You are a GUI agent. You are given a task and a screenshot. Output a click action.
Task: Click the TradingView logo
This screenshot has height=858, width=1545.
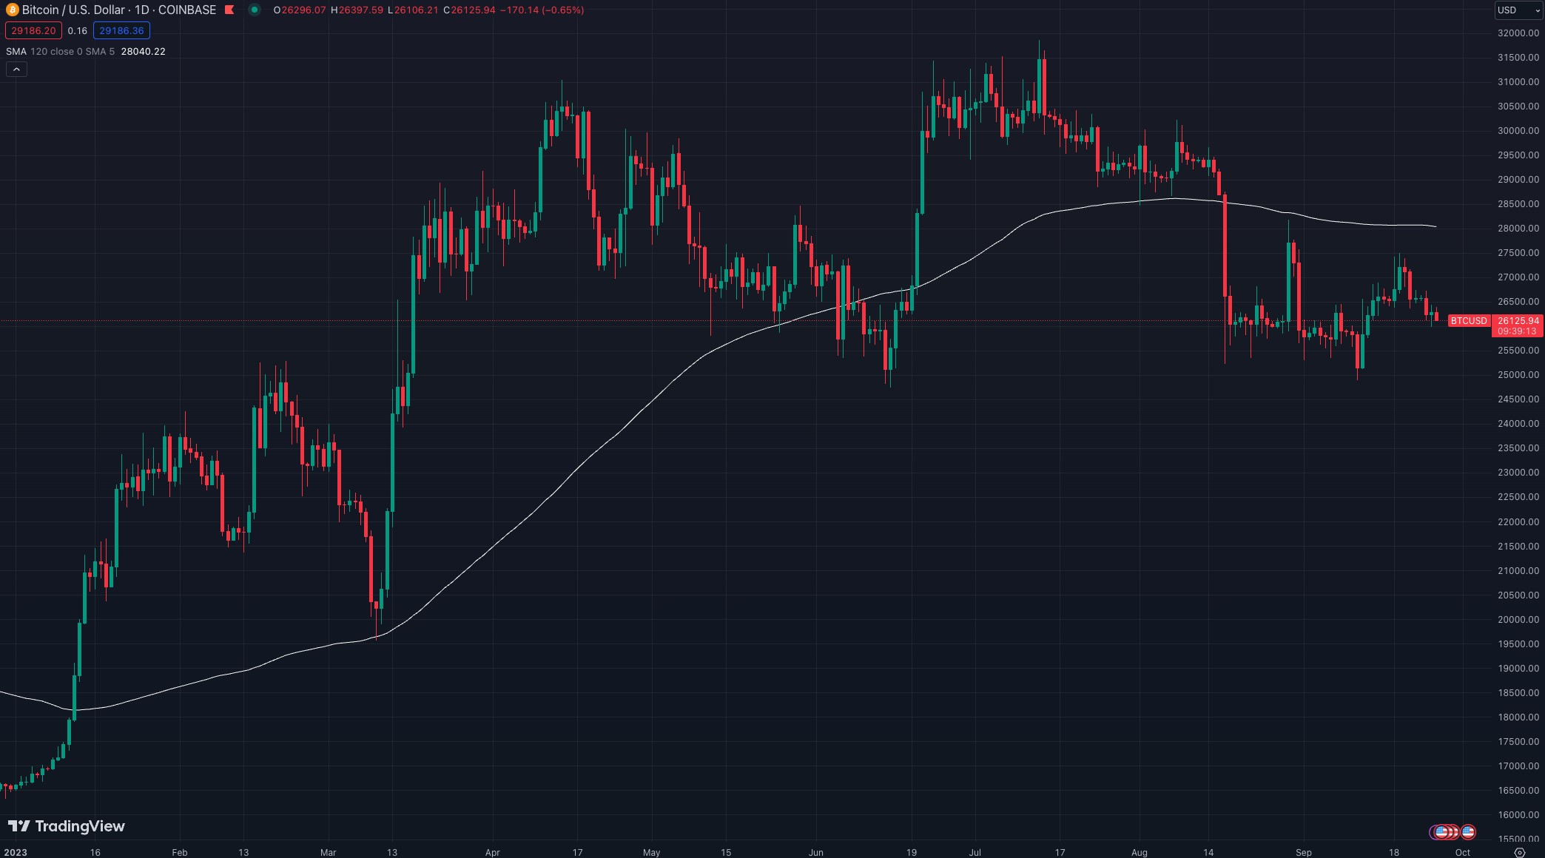pos(67,826)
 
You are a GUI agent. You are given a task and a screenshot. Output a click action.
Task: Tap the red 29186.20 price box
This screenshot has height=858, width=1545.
pos(33,30)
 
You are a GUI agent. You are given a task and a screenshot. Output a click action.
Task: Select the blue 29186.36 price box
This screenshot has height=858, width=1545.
pos(121,30)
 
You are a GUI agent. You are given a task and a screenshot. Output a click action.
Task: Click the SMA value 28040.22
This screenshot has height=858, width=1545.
pos(143,51)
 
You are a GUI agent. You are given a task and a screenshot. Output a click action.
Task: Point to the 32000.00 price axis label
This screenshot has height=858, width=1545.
pos(1518,33)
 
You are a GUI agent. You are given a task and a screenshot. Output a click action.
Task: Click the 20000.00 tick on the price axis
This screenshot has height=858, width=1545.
pos(1518,619)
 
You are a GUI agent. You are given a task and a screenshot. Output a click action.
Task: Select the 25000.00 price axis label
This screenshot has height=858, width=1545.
pos(1518,375)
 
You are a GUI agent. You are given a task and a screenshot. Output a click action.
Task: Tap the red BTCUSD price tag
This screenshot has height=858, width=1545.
pos(1468,321)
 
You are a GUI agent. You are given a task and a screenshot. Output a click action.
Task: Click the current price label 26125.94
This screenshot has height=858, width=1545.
pos(1518,321)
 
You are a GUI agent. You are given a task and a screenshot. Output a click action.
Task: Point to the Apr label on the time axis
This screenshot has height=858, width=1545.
pos(493,852)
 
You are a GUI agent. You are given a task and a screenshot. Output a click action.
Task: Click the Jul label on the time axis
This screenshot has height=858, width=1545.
pos(975,852)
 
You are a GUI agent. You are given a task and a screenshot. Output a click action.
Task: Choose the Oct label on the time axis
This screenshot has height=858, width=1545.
pos(1462,852)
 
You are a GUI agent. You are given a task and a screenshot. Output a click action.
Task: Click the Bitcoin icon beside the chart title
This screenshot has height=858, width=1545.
pos(12,10)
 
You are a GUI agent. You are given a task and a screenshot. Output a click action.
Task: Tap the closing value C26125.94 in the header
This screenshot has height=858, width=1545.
pos(469,10)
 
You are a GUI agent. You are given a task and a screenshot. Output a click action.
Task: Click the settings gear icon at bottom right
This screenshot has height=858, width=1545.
pos(1519,852)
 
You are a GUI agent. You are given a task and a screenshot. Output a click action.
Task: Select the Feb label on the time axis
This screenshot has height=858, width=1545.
pos(180,852)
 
